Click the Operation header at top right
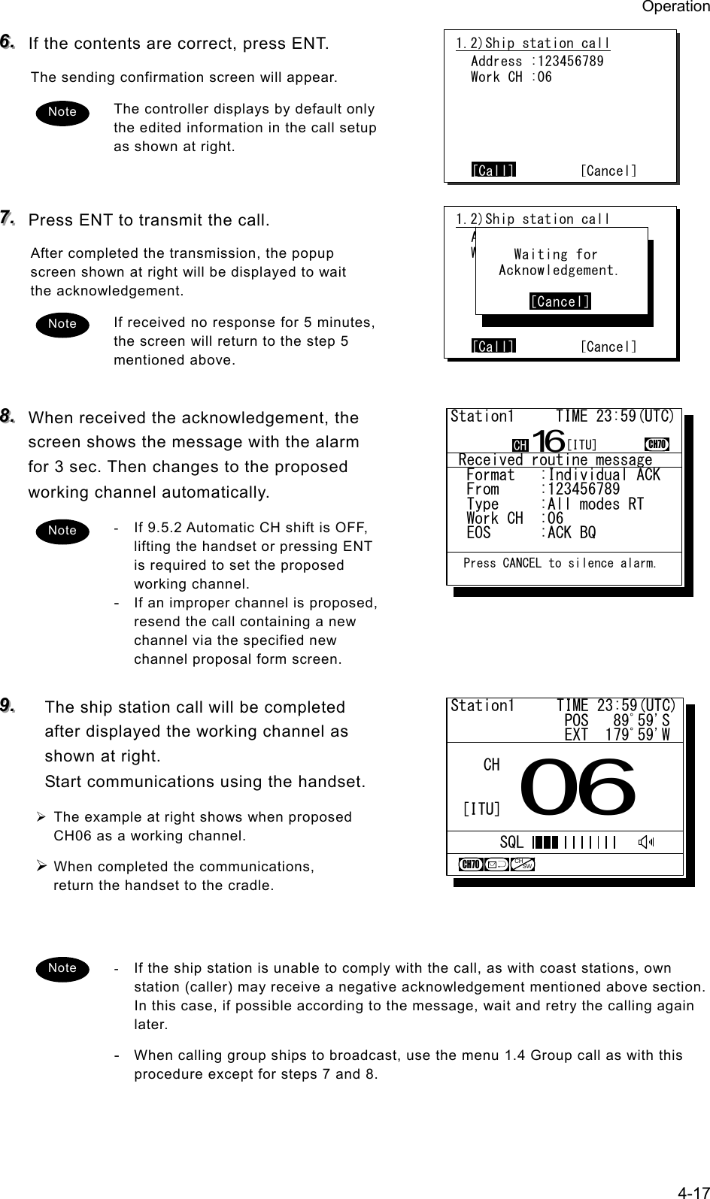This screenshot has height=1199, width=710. point(675,7)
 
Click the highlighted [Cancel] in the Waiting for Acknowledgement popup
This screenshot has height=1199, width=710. point(560,301)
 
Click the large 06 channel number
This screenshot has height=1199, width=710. point(578,786)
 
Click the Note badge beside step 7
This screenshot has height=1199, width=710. point(62,323)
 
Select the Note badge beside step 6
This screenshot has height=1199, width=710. point(62,111)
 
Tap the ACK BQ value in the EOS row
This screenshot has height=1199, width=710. point(572,533)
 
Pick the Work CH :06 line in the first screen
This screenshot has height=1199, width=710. point(511,77)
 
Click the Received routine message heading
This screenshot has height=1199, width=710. point(555,459)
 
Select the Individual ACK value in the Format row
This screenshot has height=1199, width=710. point(604,475)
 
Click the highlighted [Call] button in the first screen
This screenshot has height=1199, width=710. point(493,171)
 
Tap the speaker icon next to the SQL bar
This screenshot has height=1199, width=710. point(645,842)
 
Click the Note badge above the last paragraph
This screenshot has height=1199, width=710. point(62,967)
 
